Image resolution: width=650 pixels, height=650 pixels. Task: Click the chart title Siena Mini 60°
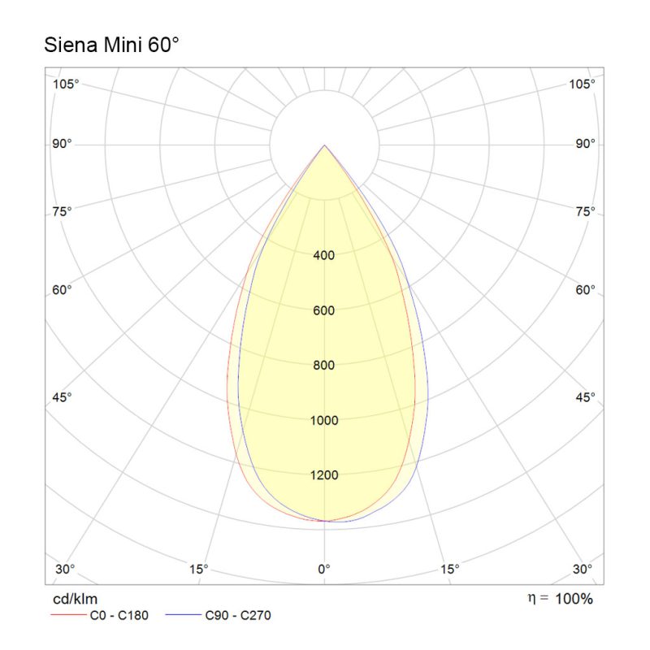pyautogui.click(x=110, y=45)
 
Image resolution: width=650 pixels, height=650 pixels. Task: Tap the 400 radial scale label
pyautogui.click(x=324, y=255)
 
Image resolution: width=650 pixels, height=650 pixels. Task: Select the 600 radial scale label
pyautogui.click(x=324, y=310)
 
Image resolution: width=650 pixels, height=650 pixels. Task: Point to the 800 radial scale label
pyautogui.click(x=324, y=365)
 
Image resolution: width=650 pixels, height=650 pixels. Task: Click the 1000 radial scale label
pyautogui.click(x=324, y=420)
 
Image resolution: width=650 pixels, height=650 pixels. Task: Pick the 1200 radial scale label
pyautogui.click(x=324, y=475)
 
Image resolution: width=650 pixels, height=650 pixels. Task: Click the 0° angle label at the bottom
pyautogui.click(x=324, y=568)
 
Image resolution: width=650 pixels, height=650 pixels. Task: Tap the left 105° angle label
pyautogui.click(x=66, y=84)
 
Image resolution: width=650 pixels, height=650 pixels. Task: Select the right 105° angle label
pyautogui.click(x=583, y=84)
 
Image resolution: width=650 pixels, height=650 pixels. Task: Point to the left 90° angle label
pyautogui.click(x=63, y=144)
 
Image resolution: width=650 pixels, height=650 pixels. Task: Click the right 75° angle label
pyautogui.click(x=585, y=211)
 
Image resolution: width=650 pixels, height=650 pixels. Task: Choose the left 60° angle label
pyautogui.click(x=63, y=289)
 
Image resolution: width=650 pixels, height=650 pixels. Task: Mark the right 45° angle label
pyautogui.click(x=585, y=396)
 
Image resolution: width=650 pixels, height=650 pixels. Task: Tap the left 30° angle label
pyautogui.click(x=65, y=568)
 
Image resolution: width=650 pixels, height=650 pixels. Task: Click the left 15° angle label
pyautogui.click(x=198, y=568)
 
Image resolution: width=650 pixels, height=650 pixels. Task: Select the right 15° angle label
pyautogui.click(x=450, y=568)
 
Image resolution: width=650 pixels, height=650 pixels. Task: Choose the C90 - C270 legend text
pyautogui.click(x=239, y=615)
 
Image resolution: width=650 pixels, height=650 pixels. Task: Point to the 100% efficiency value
pyautogui.click(x=574, y=600)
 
